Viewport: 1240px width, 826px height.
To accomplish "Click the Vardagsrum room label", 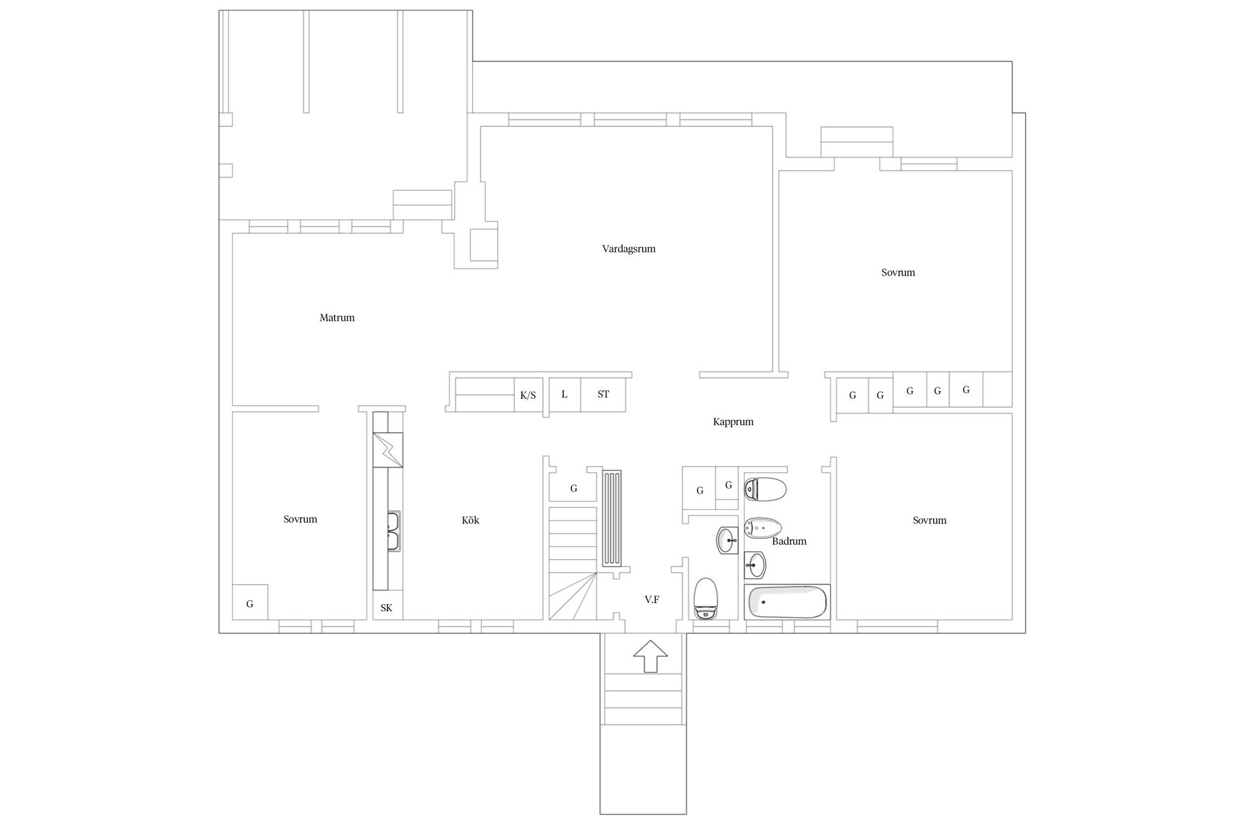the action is [628, 249].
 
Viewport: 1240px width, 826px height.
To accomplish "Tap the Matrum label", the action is [337, 317].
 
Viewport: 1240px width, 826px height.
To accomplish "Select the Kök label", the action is [470, 520].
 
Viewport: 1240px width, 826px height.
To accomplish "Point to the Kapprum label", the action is [733, 422].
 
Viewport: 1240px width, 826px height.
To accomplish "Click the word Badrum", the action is [789, 541].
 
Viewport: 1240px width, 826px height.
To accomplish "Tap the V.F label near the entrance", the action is [652, 599].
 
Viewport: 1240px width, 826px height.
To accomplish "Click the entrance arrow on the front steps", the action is [650, 657].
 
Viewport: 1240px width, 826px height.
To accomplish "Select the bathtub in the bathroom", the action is [787, 602].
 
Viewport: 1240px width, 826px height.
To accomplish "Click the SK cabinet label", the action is [386, 608].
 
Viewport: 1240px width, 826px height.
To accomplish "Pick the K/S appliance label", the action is [528, 396].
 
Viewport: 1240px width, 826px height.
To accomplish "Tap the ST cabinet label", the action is [603, 394].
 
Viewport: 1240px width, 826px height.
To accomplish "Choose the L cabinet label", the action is [564, 394].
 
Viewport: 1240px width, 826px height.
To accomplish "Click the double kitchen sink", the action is [394, 531].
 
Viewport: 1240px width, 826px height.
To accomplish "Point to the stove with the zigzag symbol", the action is [387, 450].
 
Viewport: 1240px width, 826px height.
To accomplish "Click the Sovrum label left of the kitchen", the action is [300, 519].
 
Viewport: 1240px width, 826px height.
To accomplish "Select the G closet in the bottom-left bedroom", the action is [250, 602].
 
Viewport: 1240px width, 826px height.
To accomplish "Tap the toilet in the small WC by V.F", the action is [706, 598].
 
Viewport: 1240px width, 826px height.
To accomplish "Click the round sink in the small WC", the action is [727, 540].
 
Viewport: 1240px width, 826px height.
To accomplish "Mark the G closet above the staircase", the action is [573, 489].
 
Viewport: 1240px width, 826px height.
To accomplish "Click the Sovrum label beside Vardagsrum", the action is [898, 272].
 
